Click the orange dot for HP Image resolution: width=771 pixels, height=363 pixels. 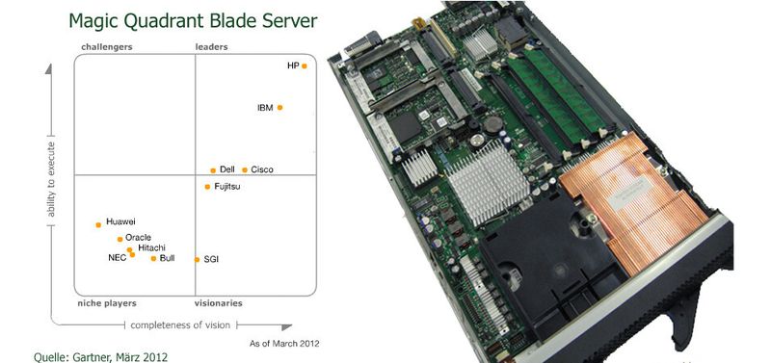click(x=304, y=66)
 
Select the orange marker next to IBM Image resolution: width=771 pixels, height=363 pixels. click(x=279, y=108)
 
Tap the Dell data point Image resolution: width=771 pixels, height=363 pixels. click(x=213, y=170)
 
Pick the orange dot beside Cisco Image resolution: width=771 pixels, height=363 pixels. click(x=245, y=170)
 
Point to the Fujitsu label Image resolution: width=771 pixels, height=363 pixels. click(x=227, y=186)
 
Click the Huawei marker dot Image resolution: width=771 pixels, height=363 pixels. click(x=98, y=225)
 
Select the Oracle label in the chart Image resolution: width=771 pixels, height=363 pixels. click(x=138, y=238)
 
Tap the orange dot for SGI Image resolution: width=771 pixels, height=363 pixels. click(x=197, y=259)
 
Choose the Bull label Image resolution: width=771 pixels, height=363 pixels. click(x=167, y=258)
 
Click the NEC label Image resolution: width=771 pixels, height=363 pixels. click(x=118, y=258)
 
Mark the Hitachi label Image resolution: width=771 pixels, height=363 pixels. click(x=151, y=247)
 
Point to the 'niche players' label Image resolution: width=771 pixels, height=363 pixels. click(x=106, y=303)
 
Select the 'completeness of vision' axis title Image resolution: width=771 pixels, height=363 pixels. click(x=180, y=324)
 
